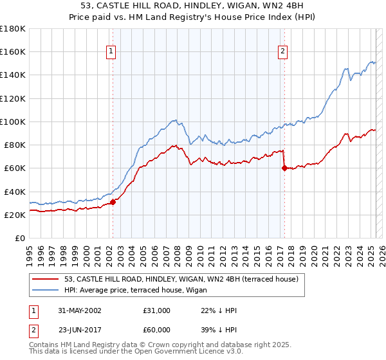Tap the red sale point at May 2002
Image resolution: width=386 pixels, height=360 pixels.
113,202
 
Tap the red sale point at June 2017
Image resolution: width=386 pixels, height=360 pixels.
284,168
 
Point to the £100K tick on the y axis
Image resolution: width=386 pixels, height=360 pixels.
12,122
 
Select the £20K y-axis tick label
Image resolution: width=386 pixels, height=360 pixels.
14,215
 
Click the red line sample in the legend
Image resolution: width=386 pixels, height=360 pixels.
46,280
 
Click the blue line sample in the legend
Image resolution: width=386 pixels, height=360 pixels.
46,291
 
